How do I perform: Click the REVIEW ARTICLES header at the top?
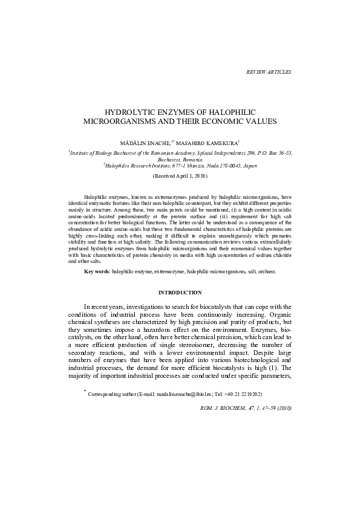click(x=269, y=72)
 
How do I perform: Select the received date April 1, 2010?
click(x=189, y=175)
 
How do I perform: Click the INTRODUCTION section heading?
click(x=180, y=293)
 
